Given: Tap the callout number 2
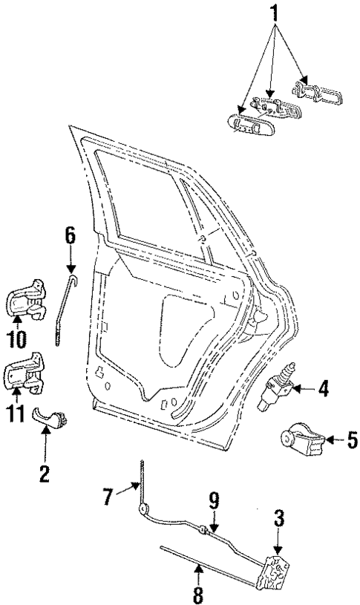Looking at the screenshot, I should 45,473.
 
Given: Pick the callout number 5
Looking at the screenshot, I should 351,439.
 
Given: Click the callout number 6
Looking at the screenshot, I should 70,238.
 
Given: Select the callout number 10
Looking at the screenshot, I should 16,339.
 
